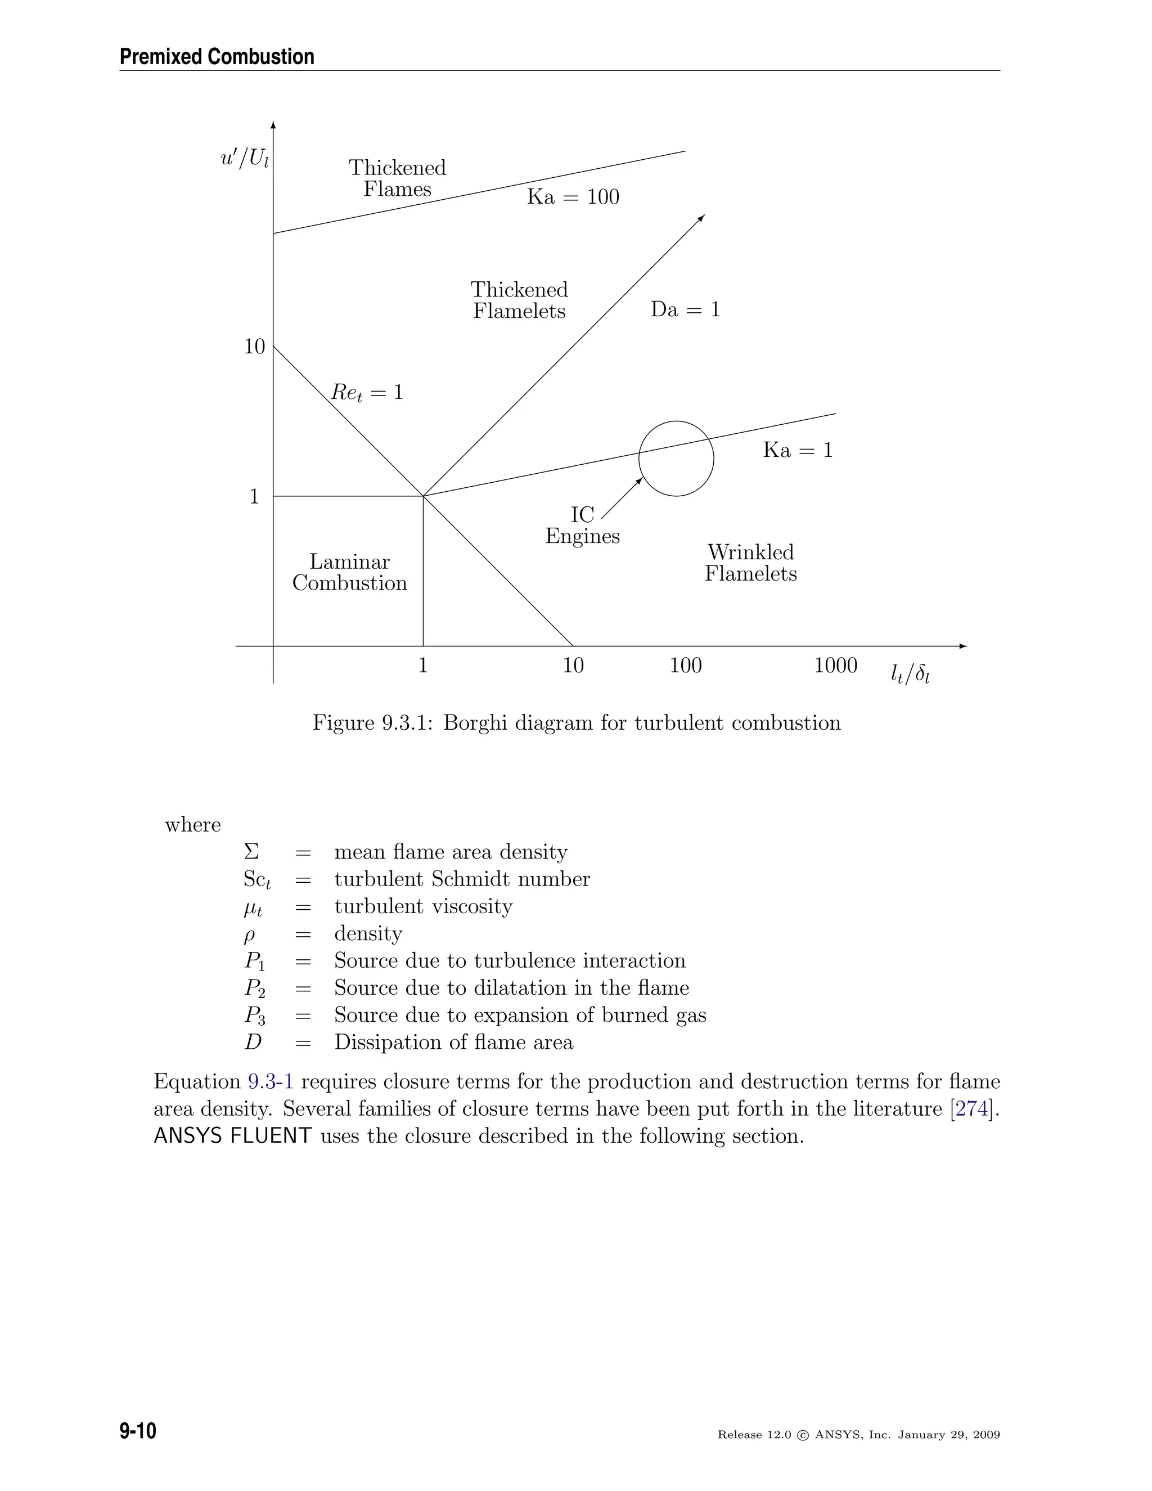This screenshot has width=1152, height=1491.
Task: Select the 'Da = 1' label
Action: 685,309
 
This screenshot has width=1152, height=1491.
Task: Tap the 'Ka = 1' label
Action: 797,450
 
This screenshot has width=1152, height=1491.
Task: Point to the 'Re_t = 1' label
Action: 367,393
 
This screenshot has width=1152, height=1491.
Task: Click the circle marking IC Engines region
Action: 676,458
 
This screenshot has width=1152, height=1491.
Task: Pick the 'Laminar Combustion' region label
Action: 349,572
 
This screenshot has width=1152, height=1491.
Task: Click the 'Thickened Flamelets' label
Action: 519,300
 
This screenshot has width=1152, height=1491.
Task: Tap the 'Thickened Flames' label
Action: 397,178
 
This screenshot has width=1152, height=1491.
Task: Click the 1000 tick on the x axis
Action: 835,665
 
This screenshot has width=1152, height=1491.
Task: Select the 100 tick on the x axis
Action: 685,665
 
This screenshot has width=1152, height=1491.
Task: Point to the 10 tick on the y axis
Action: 255,347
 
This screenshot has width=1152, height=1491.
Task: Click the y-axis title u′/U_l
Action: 244,159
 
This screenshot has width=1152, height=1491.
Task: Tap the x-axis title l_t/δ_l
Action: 910,675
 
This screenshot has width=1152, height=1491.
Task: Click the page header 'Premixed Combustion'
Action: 217,57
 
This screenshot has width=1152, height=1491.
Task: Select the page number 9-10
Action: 138,1431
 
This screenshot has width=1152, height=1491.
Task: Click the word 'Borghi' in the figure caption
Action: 475,723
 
